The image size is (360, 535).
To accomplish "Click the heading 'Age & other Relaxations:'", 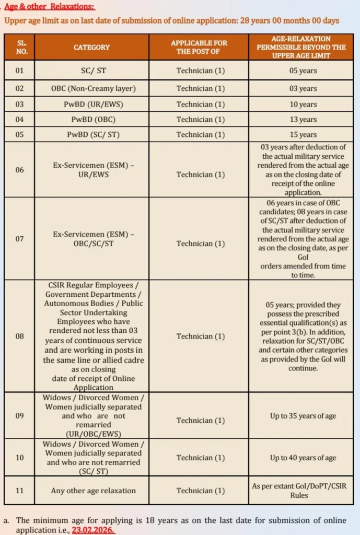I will point(51,7).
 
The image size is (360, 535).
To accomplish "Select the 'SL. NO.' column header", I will point(19,47).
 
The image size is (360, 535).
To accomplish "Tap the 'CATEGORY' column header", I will point(91,47).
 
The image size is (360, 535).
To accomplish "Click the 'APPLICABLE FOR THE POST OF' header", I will point(199,47).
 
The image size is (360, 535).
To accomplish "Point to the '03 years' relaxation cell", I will point(303,89).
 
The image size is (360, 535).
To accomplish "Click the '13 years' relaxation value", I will point(303,120).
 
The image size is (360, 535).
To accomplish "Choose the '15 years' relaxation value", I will point(303,135).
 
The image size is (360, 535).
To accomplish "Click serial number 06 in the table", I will point(19,170).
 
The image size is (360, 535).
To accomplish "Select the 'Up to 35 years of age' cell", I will point(303,416).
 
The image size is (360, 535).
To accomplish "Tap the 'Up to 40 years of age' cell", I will point(303,458).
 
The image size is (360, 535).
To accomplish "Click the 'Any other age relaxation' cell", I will point(94,491).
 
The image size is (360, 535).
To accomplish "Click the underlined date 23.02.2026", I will point(94,530).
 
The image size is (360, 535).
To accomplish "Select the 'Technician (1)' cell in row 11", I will point(201,491).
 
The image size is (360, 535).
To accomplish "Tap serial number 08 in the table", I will point(19,336).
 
